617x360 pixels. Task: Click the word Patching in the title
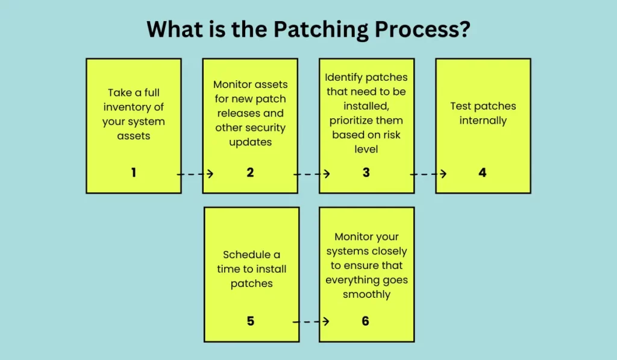[321, 30]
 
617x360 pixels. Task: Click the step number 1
[134, 172]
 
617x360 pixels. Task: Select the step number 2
[250, 172]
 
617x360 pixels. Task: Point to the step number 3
[366, 172]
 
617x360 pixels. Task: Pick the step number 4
[483, 172]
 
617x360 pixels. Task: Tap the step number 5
[251, 321]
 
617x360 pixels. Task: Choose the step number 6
[366, 321]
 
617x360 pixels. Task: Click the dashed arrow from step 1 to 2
[195, 174]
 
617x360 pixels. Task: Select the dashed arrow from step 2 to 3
[312, 174]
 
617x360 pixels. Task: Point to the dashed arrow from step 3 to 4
[428, 174]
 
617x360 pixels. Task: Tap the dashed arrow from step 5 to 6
[311, 322]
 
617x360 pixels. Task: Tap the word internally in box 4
[483, 121]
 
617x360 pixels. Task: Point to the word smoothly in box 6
[367, 295]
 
